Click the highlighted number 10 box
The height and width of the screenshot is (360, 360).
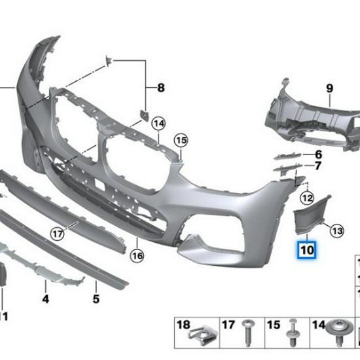[307, 249]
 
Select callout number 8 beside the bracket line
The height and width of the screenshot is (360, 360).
[160, 87]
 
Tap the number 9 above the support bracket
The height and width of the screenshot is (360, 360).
[329, 88]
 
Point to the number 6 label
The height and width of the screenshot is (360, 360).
[318, 154]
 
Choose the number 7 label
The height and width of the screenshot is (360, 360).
[318, 166]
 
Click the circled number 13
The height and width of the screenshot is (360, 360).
[336, 230]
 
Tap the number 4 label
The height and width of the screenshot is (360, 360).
[46, 300]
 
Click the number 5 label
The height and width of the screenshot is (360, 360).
[96, 300]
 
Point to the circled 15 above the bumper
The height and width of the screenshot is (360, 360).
[181, 139]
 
